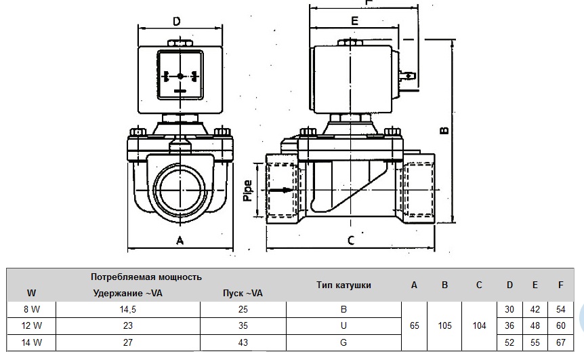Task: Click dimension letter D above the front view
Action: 176,21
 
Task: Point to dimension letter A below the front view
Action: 180,239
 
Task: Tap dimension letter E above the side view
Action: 354,20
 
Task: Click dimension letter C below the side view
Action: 351,239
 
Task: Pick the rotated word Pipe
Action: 247,191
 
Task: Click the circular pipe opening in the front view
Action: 180,191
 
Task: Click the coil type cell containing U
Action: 343,326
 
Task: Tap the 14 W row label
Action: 32,343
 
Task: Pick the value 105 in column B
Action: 444,326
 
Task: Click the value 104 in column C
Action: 479,326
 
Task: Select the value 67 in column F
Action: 560,343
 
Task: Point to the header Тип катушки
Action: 343,285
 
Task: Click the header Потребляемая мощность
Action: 146,277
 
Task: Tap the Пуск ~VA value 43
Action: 242,343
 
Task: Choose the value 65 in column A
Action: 415,326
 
